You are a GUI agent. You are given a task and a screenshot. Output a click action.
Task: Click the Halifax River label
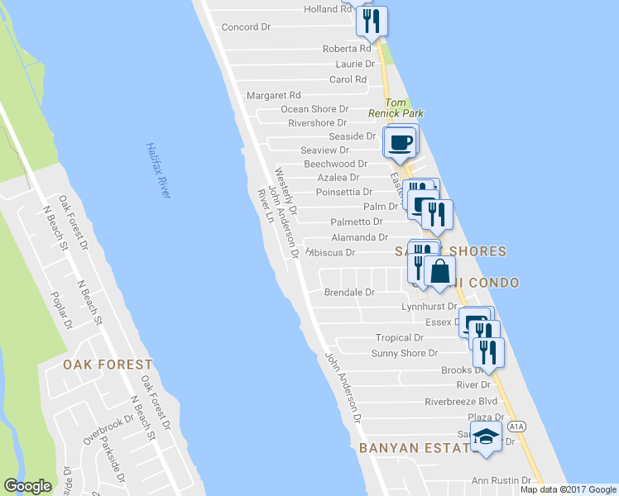point(158,169)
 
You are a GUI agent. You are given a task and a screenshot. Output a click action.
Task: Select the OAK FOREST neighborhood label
point(108,364)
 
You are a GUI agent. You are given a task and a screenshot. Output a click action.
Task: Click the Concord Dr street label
point(246,27)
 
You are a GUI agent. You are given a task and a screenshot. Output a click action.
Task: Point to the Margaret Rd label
point(273,96)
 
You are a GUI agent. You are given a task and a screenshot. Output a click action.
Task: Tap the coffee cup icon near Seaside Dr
point(401,142)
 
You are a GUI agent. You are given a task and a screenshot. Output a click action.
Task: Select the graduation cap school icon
point(487,438)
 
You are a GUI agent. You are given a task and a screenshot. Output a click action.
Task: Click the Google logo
point(27,486)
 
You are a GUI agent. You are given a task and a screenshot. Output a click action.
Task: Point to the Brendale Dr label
point(349,293)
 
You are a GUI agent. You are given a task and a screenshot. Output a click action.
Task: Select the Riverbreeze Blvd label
point(461,402)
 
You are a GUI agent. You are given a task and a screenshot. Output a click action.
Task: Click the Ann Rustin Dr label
point(501,480)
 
